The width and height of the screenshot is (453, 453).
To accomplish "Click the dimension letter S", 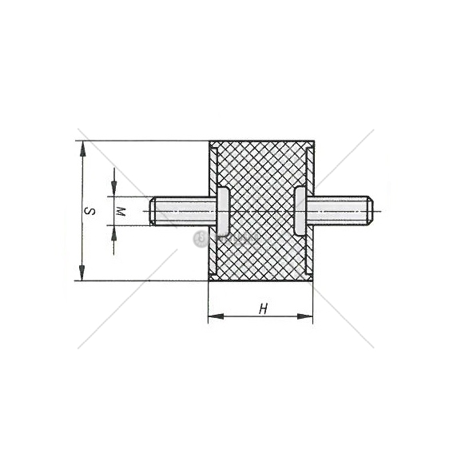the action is click(89, 211).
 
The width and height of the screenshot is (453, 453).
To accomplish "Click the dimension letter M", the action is click(120, 212).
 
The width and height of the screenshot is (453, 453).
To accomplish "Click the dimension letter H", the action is click(263, 309).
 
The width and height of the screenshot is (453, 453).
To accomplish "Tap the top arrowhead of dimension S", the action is click(83, 149).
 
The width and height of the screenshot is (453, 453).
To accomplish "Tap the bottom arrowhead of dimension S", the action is click(82, 272).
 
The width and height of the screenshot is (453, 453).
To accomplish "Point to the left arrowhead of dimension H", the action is click(216, 316).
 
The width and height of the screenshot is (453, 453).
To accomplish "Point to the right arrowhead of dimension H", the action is click(305, 316).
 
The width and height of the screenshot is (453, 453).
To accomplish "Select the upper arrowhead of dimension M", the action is click(114, 189).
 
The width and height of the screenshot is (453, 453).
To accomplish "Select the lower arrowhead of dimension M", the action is click(113, 233).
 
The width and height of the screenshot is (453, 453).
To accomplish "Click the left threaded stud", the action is click(183, 211).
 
